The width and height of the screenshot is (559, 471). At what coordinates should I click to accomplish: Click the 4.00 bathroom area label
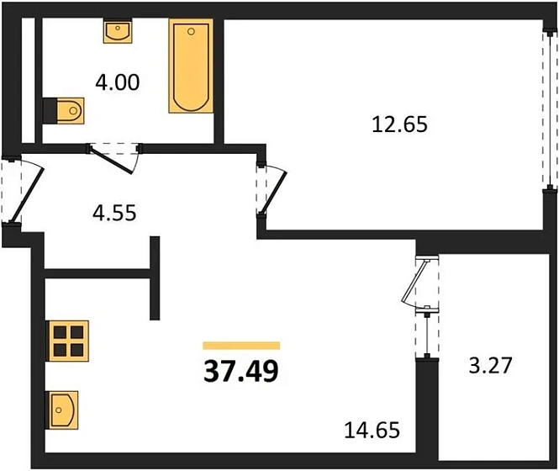pos(117,83)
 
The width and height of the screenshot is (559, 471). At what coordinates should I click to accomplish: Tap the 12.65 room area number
pos(400,124)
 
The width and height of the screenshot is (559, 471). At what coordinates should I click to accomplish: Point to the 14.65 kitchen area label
pos(371,432)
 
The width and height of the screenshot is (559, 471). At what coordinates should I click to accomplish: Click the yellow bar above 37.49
pos(241,345)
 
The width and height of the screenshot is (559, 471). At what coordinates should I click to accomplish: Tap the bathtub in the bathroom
pos(192,67)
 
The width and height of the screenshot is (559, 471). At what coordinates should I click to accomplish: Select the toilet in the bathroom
pos(66,109)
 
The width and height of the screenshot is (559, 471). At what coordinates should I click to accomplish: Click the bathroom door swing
pos(114,158)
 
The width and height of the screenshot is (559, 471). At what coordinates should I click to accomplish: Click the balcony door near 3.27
pos(419,288)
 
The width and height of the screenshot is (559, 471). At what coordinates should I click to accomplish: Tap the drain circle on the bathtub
pos(192,32)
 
